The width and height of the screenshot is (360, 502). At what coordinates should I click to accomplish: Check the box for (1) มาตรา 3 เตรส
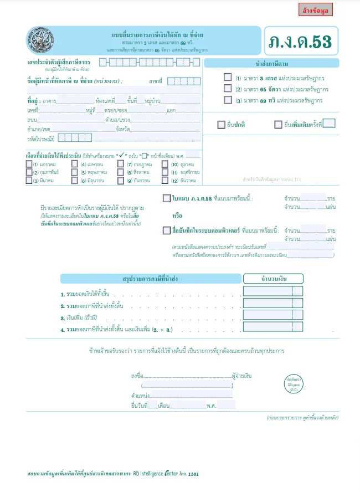click(228, 78)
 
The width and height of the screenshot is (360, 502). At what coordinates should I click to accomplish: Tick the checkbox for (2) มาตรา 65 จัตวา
click(228, 89)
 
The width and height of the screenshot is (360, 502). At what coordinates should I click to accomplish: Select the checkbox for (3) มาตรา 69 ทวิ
click(228, 100)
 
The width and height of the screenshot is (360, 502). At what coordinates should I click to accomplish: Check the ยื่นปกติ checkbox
click(222, 124)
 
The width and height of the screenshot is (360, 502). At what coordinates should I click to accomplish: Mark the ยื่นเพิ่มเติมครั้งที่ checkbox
click(278, 124)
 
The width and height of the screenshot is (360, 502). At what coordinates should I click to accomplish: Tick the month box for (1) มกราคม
click(29, 165)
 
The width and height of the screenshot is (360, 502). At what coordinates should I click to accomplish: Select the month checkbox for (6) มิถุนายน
click(75, 180)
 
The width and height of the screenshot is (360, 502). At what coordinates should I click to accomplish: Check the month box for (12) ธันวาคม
click(166, 180)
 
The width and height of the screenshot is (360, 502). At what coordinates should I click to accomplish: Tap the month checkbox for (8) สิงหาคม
click(121, 172)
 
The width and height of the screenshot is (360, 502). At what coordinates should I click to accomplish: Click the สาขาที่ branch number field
click(180, 81)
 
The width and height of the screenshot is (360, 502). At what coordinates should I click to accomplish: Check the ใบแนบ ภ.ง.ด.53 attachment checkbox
click(167, 198)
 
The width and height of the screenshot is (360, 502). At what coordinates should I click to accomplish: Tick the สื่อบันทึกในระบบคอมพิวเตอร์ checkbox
click(167, 230)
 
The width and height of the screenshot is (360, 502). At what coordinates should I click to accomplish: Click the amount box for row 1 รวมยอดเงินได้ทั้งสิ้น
click(272, 291)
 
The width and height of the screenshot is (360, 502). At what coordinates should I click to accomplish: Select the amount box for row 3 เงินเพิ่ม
click(272, 316)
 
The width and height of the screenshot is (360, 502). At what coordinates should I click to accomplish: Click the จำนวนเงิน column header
click(272, 278)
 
